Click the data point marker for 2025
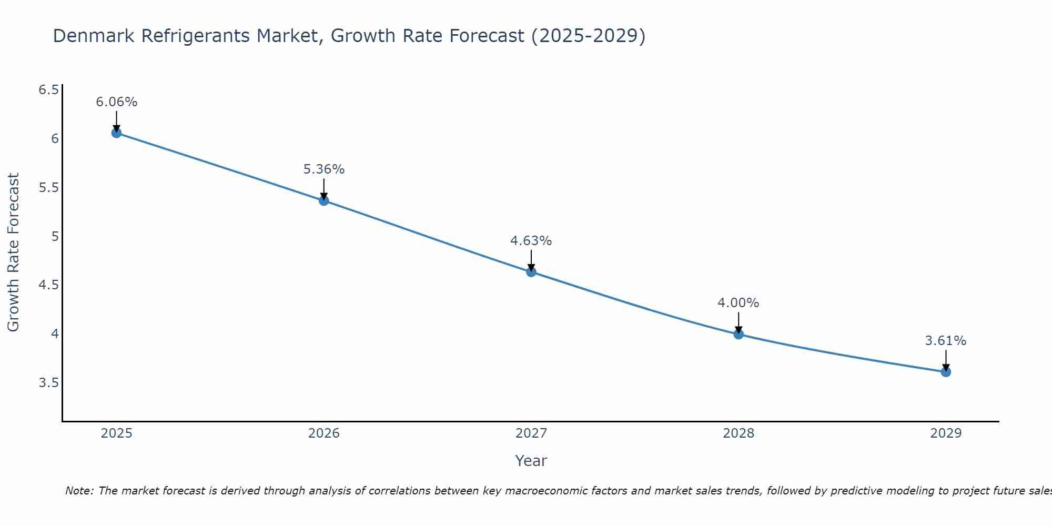[x=116, y=133]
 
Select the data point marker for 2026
[x=323, y=200]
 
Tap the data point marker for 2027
[x=531, y=271]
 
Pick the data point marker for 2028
[x=738, y=333]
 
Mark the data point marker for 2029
[x=945, y=372]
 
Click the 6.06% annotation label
[x=116, y=102]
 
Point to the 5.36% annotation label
[x=323, y=169]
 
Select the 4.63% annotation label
[x=531, y=241]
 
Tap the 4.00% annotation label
[x=738, y=303]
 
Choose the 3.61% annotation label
[x=945, y=341]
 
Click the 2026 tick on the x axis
[x=323, y=433]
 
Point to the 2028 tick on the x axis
[x=738, y=433]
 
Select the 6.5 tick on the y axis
[x=48, y=90]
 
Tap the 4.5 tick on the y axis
[x=48, y=285]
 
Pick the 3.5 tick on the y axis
[x=48, y=382]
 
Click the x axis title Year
[x=531, y=461]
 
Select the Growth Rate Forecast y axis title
[x=13, y=252]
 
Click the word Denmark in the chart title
[x=94, y=36]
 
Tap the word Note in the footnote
[x=78, y=491]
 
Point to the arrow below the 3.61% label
[x=945, y=360]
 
